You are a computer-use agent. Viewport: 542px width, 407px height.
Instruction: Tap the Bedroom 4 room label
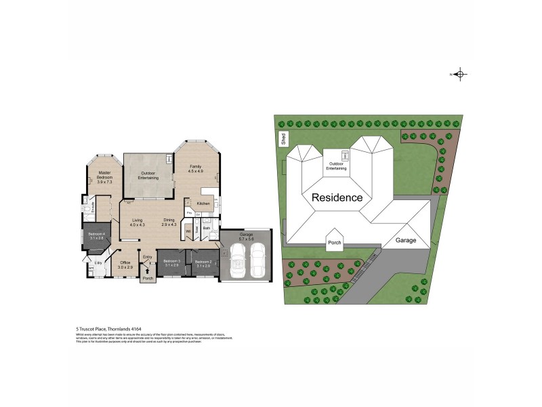pyautogui.click(x=95, y=235)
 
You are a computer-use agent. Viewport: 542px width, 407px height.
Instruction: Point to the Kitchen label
pyautogui.click(x=203, y=203)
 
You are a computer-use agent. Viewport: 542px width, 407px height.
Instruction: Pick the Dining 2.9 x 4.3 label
pyautogui.click(x=170, y=222)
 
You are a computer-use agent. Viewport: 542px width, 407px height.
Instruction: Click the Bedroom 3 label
pyautogui.click(x=170, y=263)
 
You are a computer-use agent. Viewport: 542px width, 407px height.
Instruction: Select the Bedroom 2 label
pyautogui.click(x=203, y=263)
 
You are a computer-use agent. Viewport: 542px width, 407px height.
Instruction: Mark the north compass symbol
pyautogui.click(x=459, y=75)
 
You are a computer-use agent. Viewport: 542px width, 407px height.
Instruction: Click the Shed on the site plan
pyautogui.click(x=283, y=139)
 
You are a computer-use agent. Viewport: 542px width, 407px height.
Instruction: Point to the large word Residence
pyautogui.click(x=337, y=198)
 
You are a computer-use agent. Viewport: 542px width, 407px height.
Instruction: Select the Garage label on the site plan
pyautogui.click(x=406, y=240)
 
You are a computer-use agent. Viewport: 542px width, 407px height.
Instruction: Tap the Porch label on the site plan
pyautogui.click(x=334, y=242)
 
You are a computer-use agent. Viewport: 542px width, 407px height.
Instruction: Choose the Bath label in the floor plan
pyautogui.click(x=207, y=228)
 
